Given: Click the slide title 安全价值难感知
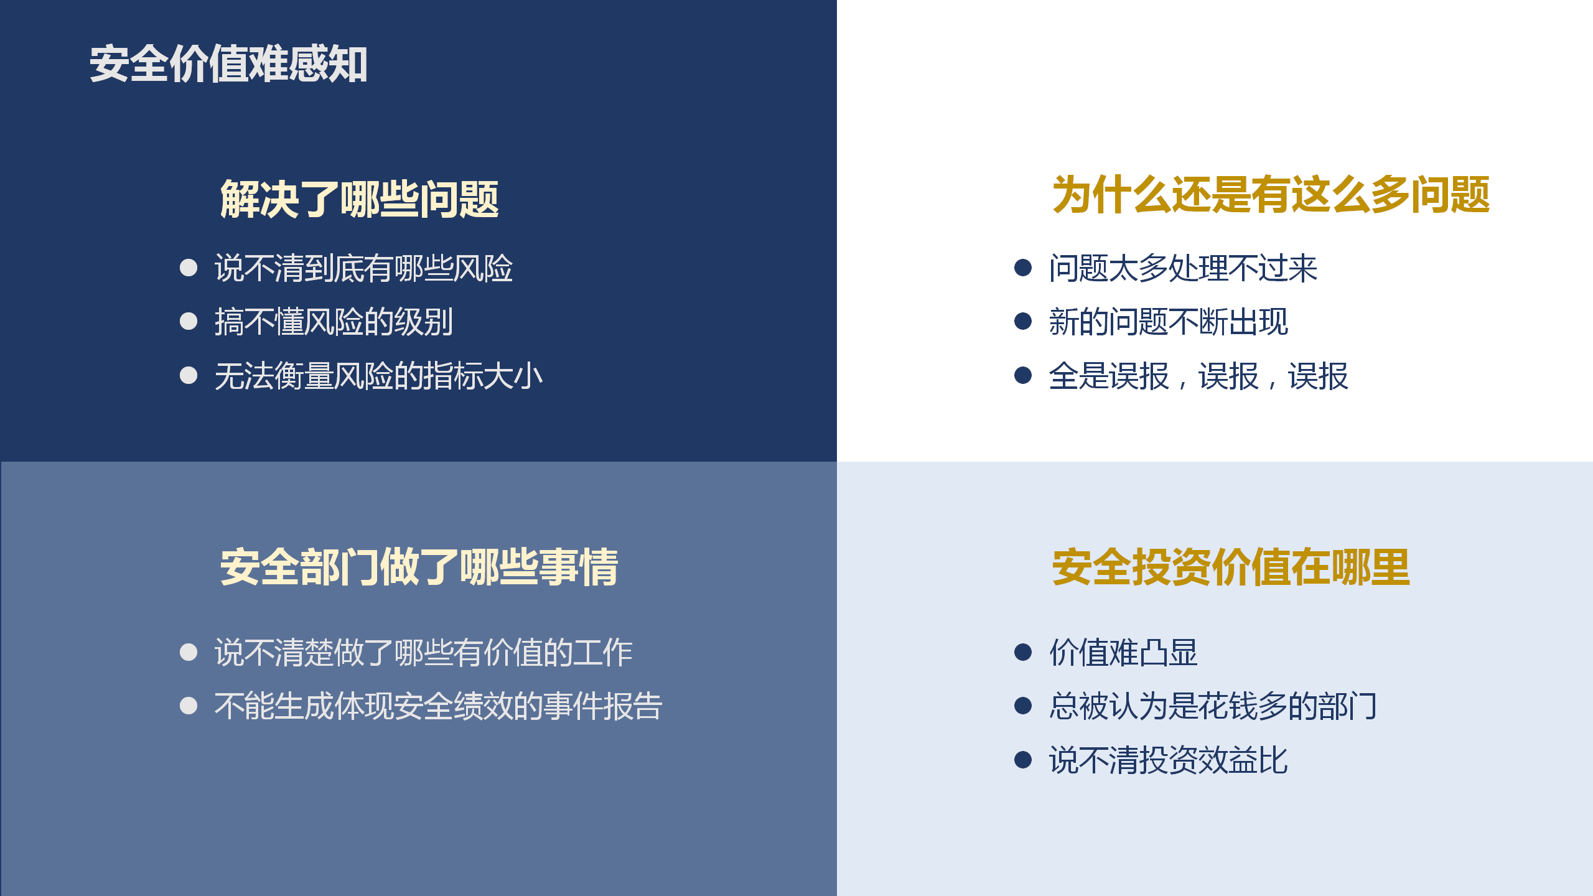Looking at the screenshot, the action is (x=228, y=64).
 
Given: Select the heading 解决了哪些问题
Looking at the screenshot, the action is (x=360, y=199).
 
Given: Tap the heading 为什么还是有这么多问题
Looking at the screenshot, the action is (x=1271, y=195).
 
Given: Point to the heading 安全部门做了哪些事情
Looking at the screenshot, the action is (x=419, y=567).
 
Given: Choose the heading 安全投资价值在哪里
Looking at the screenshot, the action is (x=1231, y=567).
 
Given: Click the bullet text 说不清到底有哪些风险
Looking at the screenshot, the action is (x=363, y=268).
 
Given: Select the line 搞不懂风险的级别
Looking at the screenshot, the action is (x=334, y=322).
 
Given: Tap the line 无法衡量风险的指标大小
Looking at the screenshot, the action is (x=378, y=376).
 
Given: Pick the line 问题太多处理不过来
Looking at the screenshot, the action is (x=1183, y=268).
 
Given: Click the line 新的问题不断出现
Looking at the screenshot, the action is (x=1168, y=322).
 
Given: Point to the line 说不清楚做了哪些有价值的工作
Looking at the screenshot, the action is (x=423, y=653).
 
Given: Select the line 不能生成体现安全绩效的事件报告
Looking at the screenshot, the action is (x=438, y=706).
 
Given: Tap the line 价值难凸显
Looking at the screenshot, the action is (x=1123, y=653).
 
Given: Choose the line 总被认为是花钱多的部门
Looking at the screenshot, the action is (x=1213, y=706).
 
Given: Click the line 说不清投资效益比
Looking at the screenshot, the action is (x=1168, y=760).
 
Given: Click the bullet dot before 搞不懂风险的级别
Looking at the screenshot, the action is (x=189, y=321).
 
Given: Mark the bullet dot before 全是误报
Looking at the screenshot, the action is (x=1023, y=375).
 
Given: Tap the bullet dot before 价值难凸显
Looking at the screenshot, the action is (x=1023, y=652).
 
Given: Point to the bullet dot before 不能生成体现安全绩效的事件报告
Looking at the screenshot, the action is (x=189, y=706).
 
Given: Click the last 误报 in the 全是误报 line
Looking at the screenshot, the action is (x=1318, y=376).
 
